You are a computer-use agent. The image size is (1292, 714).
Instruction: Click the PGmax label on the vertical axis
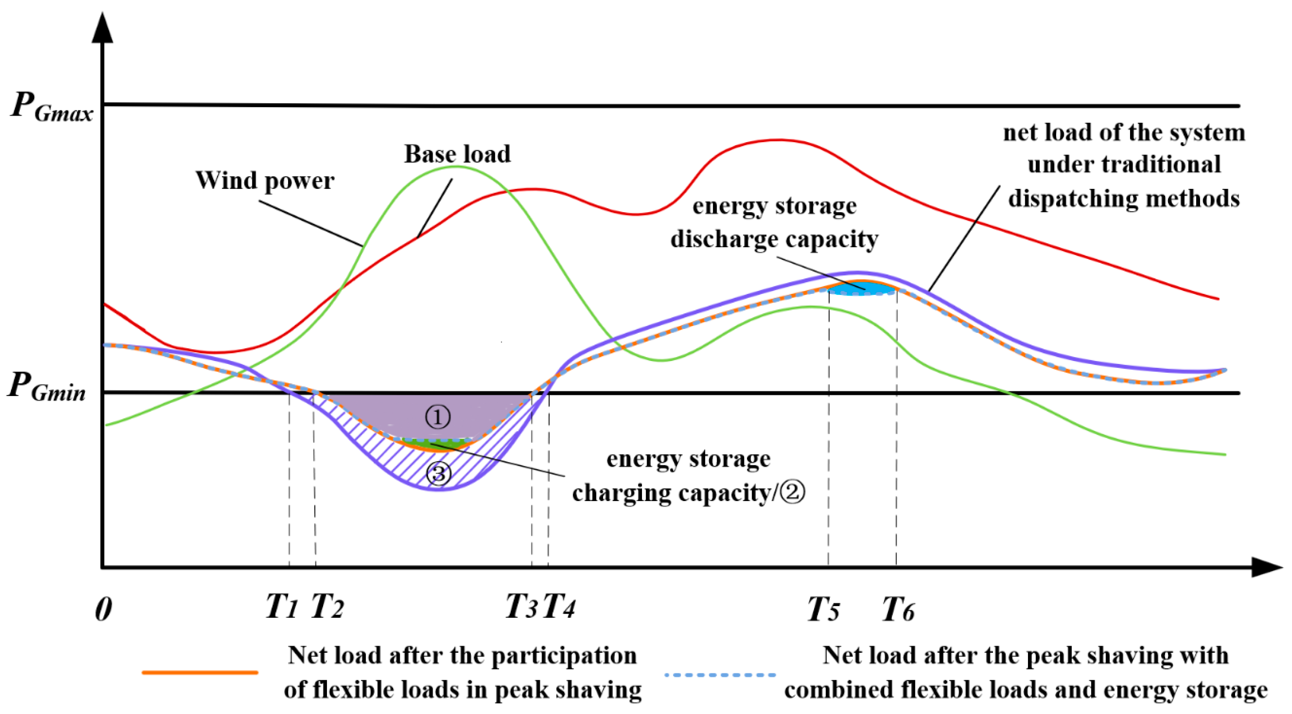click(51, 107)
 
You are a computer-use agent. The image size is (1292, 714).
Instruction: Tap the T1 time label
click(282, 607)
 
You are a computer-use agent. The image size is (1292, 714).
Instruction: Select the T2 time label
click(327, 607)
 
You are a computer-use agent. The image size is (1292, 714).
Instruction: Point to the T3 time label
click(521, 607)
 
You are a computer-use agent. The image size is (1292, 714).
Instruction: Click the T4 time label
click(559, 607)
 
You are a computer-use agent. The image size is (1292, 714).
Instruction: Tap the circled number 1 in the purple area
click(438, 417)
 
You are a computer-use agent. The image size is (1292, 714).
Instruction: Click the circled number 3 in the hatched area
click(438, 473)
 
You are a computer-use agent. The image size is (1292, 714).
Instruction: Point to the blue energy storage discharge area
click(860, 289)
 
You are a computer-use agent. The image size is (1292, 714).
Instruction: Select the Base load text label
click(457, 154)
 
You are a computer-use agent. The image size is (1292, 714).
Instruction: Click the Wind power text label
click(264, 181)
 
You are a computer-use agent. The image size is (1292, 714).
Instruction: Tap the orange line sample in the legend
click(200, 672)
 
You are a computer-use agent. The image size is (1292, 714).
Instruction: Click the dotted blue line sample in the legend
click(720, 675)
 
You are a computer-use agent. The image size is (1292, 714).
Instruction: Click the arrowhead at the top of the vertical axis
click(102, 27)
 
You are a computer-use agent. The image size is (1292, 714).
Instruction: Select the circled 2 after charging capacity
click(793, 493)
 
